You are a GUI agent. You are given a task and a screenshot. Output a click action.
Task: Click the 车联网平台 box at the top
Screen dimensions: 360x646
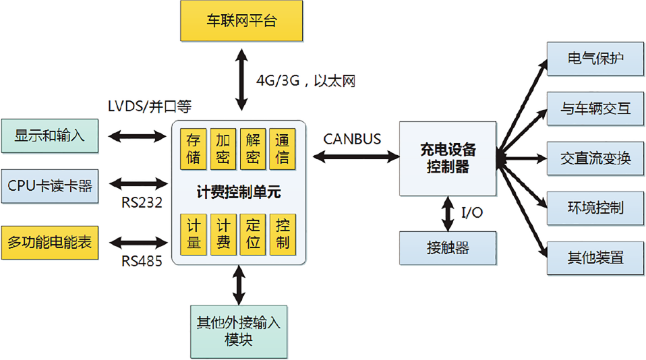(x=241, y=21)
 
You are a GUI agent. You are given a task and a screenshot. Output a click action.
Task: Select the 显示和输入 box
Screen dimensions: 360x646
(x=50, y=136)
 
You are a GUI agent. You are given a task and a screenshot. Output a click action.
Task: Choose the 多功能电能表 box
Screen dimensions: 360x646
(x=50, y=242)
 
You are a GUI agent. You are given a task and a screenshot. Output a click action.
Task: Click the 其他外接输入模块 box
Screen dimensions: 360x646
(x=239, y=330)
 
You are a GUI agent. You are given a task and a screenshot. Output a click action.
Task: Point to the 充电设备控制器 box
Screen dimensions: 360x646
(x=447, y=158)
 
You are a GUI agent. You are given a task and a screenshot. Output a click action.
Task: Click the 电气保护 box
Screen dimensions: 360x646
(x=595, y=58)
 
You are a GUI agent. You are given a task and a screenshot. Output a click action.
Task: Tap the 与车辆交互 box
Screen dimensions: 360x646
(x=595, y=108)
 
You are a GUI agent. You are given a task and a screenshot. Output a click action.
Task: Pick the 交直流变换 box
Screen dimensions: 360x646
(x=595, y=158)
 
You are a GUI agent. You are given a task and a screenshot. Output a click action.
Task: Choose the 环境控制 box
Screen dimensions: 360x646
(x=595, y=208)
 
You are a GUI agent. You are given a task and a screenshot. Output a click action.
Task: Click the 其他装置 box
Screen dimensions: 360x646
(x=595, y=258)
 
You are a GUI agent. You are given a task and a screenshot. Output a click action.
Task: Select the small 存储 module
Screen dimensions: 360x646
(x=194, y=148)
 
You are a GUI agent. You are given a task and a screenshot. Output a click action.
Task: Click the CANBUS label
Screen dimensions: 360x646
(x=352, y=139)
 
